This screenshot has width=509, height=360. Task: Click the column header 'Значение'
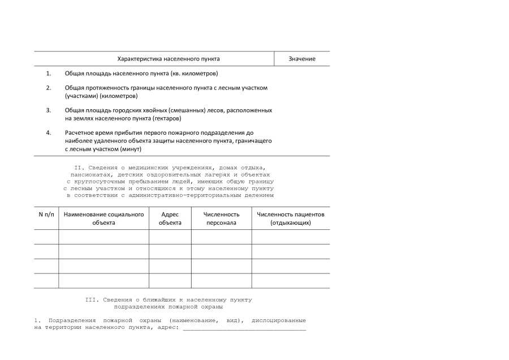[301, 59]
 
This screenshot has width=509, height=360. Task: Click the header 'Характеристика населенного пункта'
[169, 59]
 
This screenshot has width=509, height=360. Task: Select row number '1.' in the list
[49, 74]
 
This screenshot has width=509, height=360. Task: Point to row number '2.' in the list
[49, 88]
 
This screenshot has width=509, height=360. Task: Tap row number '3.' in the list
[49, 110]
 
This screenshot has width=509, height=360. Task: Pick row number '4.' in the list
[49, 133]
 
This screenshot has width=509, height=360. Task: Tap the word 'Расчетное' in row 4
[80, 133]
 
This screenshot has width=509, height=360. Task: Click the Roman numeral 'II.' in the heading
[80, 168]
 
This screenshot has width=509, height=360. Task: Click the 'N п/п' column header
[46, 215]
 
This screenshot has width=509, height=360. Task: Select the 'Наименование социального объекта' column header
[103, 218]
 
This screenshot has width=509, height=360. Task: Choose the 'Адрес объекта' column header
[170, 218]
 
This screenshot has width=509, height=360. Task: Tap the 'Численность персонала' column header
[221, 218]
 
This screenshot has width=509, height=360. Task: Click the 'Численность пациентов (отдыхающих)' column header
[291, 218]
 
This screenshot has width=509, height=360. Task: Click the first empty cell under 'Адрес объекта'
[170, 237]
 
